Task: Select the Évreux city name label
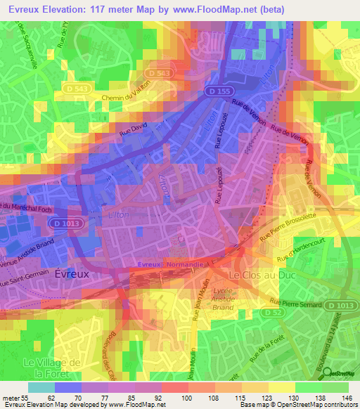72,275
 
